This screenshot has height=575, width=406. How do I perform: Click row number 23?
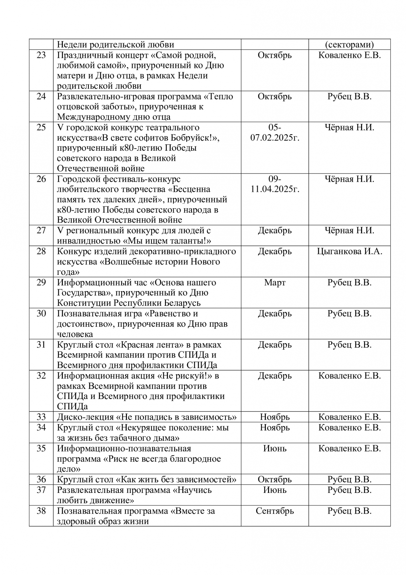pyautogui.click(x=41, y=55)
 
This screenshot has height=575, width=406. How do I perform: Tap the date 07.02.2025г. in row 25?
pyautogui.click(x=274, y=137)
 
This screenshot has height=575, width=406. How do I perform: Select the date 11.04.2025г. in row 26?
pyautogui.click(x=274, y=189)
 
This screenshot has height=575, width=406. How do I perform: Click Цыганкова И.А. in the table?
pyautogui.click(x=349, y=251)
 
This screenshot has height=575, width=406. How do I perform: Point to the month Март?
pyautogui.click(x=274, y=283)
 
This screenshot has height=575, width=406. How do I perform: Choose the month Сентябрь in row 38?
pyautogui.click(x=274, y=511)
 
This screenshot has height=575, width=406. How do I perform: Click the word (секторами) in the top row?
pyautogui.click(x=349, y=45)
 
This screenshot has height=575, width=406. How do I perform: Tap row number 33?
pyautogui.click(x=41, y=417)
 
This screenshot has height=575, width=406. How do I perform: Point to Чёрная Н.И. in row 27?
pyautogui.click(x=349, y=231)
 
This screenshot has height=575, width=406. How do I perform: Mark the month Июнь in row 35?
pyautogui.click(x=274, y=449)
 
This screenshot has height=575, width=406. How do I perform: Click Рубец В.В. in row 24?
pyautogui.click(x=349, y=97)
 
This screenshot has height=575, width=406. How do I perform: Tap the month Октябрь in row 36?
pyautogui.click(x=274, y=480)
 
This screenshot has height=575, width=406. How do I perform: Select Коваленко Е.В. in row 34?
pyautogui.click(x=349, y=428)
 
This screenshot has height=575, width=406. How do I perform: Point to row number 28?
pyautogui.click(x=41, y=251)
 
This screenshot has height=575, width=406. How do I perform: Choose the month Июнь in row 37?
pyautogui.click(x=274, y=490)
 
